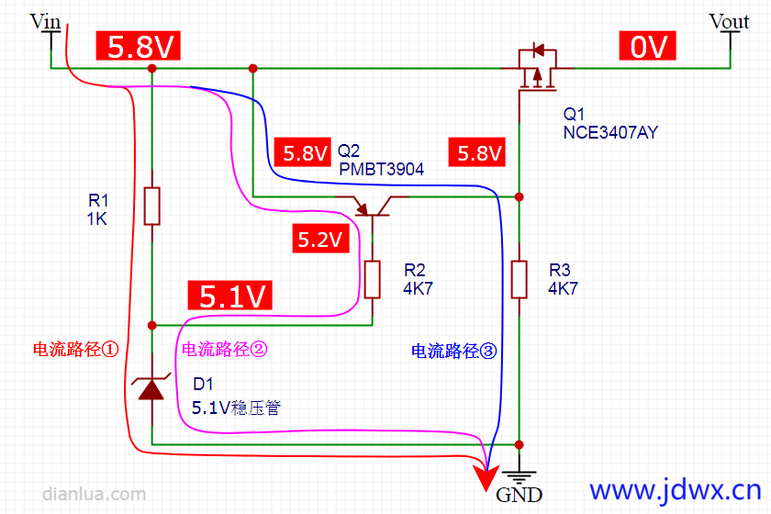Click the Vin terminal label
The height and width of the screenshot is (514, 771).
point(46,21)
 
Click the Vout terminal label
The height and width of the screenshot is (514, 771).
point(730,21)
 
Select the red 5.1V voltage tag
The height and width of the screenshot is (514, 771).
point(233,296)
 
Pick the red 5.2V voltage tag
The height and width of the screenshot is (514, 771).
point(319,240)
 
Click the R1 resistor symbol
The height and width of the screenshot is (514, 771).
point(152,206)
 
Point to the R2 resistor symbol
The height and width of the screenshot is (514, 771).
point(372,279)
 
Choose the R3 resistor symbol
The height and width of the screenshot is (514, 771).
point(519,279)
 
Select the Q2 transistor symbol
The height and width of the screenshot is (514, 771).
point(372,206)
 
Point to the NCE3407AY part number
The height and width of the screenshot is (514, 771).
point(610,133)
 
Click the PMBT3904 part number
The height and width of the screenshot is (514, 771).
point(381,169)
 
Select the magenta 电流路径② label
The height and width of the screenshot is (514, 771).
point(225,350)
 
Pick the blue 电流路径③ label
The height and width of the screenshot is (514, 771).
point(453,351)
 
